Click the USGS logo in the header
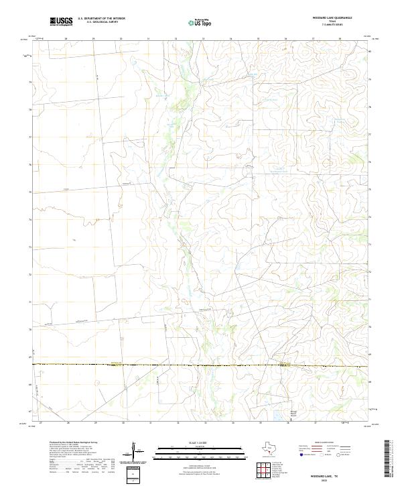61,21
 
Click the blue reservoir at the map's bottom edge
277,420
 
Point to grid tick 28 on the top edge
66,39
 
